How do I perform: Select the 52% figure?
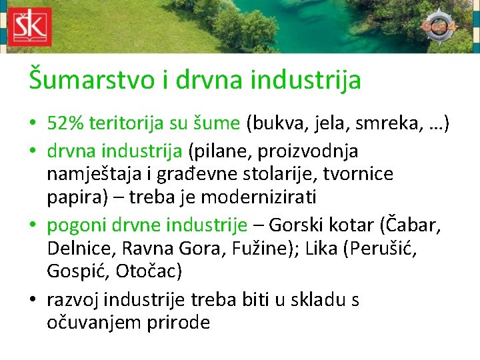coord(65,123)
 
